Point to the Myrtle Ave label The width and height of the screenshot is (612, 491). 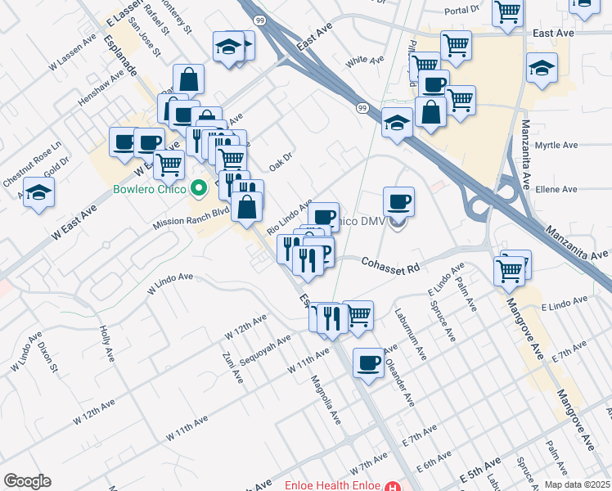pos(556,146)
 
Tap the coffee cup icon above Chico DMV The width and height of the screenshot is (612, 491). pos(398,200)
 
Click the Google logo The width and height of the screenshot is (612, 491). pos(26,481)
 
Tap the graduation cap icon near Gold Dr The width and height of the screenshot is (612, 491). pos(38,192)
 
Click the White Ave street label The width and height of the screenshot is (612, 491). pos(365,61)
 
